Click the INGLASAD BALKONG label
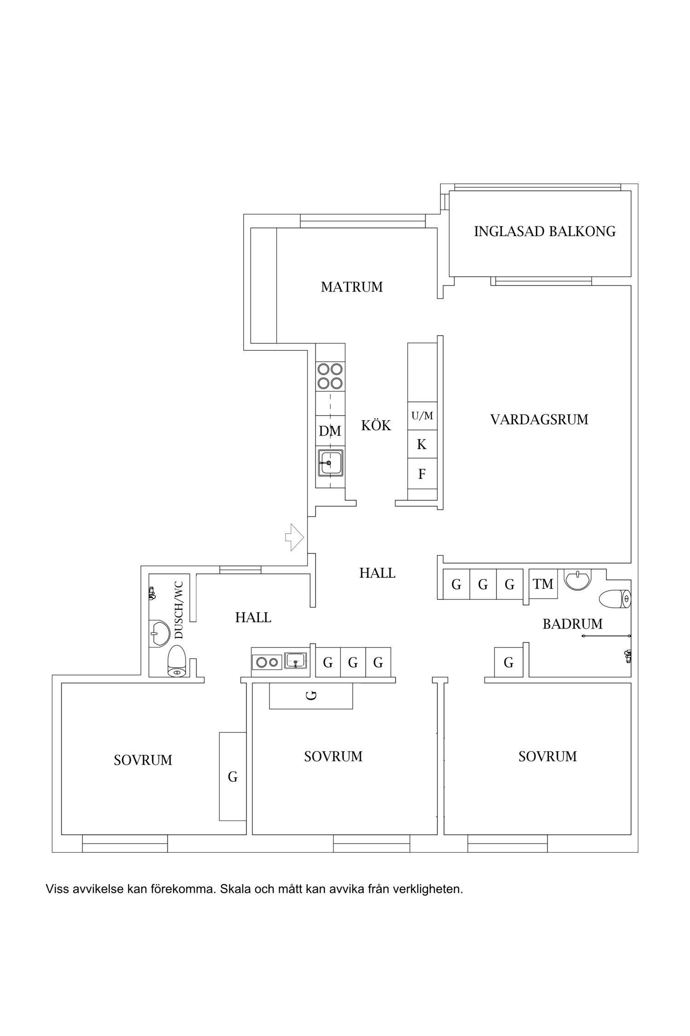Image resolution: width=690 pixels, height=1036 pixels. coord(545,231)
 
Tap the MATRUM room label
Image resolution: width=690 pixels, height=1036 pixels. coord(352,287)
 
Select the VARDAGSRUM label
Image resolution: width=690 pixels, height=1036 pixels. coord(539,419)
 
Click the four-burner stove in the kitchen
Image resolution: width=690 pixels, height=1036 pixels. coord(330,376)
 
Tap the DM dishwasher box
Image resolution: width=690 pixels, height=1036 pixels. coord(330,431)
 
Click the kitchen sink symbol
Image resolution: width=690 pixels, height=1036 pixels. coord(330,463)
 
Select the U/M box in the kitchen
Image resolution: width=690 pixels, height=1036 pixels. coord(422,416)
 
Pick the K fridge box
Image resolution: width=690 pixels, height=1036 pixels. coord(422,444)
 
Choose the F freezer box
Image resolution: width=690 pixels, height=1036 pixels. coord(422,474)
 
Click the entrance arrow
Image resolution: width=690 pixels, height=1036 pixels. coord(294,537)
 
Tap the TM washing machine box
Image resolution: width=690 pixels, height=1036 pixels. coord(543,584)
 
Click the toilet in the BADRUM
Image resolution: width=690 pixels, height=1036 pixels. coord(615,599)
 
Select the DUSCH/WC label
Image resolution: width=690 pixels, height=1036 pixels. coord(179,610)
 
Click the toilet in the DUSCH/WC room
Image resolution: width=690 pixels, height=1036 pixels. coord(177,661)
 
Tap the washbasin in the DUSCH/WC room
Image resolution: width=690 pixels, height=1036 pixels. coord(159,634)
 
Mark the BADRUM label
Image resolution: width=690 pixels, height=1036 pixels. coord(572,624)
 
